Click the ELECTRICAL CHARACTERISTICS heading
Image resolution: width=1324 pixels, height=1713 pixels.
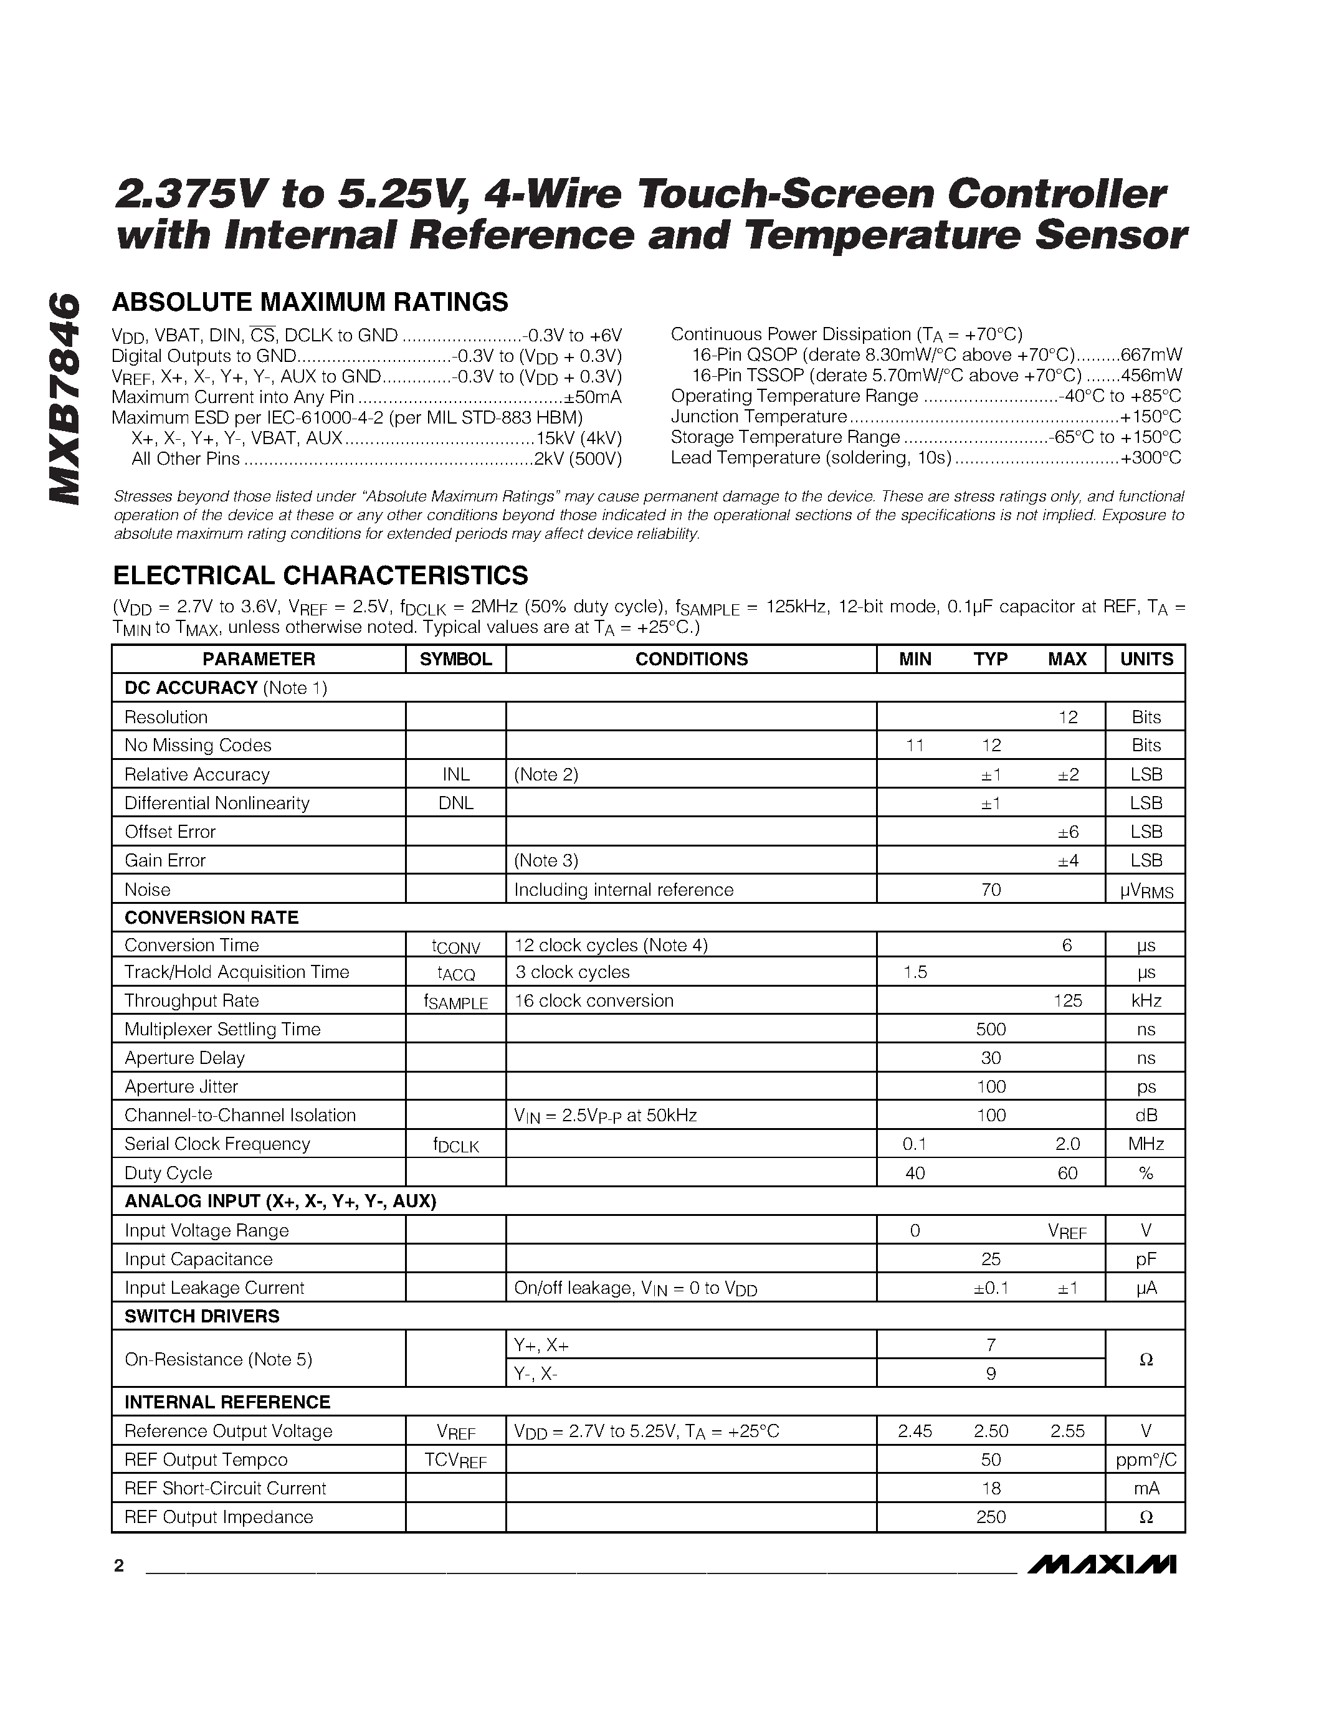tap(320, 575)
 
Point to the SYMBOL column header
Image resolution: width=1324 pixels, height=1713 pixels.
tap(455, 659)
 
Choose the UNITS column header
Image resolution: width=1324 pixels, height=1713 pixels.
tap(1146, 659)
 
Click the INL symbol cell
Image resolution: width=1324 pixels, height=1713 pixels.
tap(455, 774)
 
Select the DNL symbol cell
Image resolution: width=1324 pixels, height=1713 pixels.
tap(455, 803)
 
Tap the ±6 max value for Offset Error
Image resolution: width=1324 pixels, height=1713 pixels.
tap(1067, 832)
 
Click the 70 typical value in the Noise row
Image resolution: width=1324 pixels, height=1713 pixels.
tap(991, 890)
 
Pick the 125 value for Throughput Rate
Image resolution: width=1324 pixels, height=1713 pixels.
tap(1067, 1001)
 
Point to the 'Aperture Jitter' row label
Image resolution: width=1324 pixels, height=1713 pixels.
tap(181, 1086)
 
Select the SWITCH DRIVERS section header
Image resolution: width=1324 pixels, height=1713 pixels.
tap(202, 1316)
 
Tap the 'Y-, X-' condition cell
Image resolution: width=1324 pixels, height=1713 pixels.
tap(536, 1374)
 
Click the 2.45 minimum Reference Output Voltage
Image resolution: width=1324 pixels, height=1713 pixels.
tap(915, 1431)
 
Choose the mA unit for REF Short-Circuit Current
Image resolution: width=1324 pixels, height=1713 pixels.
tap(1146, 1489)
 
